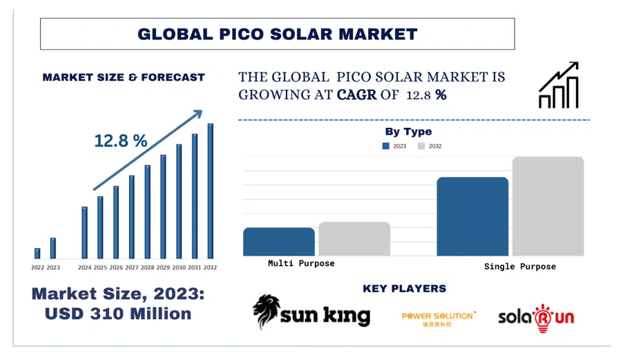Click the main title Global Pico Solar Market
tap(277, 34)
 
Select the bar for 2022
tap(37, 253)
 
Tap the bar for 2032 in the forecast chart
tap(211, 191)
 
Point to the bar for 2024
tap(84, 232)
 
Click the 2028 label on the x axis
tap(147, 267)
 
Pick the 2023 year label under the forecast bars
tap(53, 267)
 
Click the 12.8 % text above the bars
tap(121, 141)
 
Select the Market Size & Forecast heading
tap(124, 77)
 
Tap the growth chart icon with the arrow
tap(558, 86)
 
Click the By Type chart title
tap(408, 131)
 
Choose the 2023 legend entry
tap(395, 146)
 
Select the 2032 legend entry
tap(430, 146)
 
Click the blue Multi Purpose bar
tap(278, 242)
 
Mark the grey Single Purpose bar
tap(548, 206)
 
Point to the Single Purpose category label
tap(519, 266)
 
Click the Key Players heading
tap(404, 289)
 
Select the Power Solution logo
tap(438, 318)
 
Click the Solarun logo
tap(536, 316)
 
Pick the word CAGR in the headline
tap(356, 95)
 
